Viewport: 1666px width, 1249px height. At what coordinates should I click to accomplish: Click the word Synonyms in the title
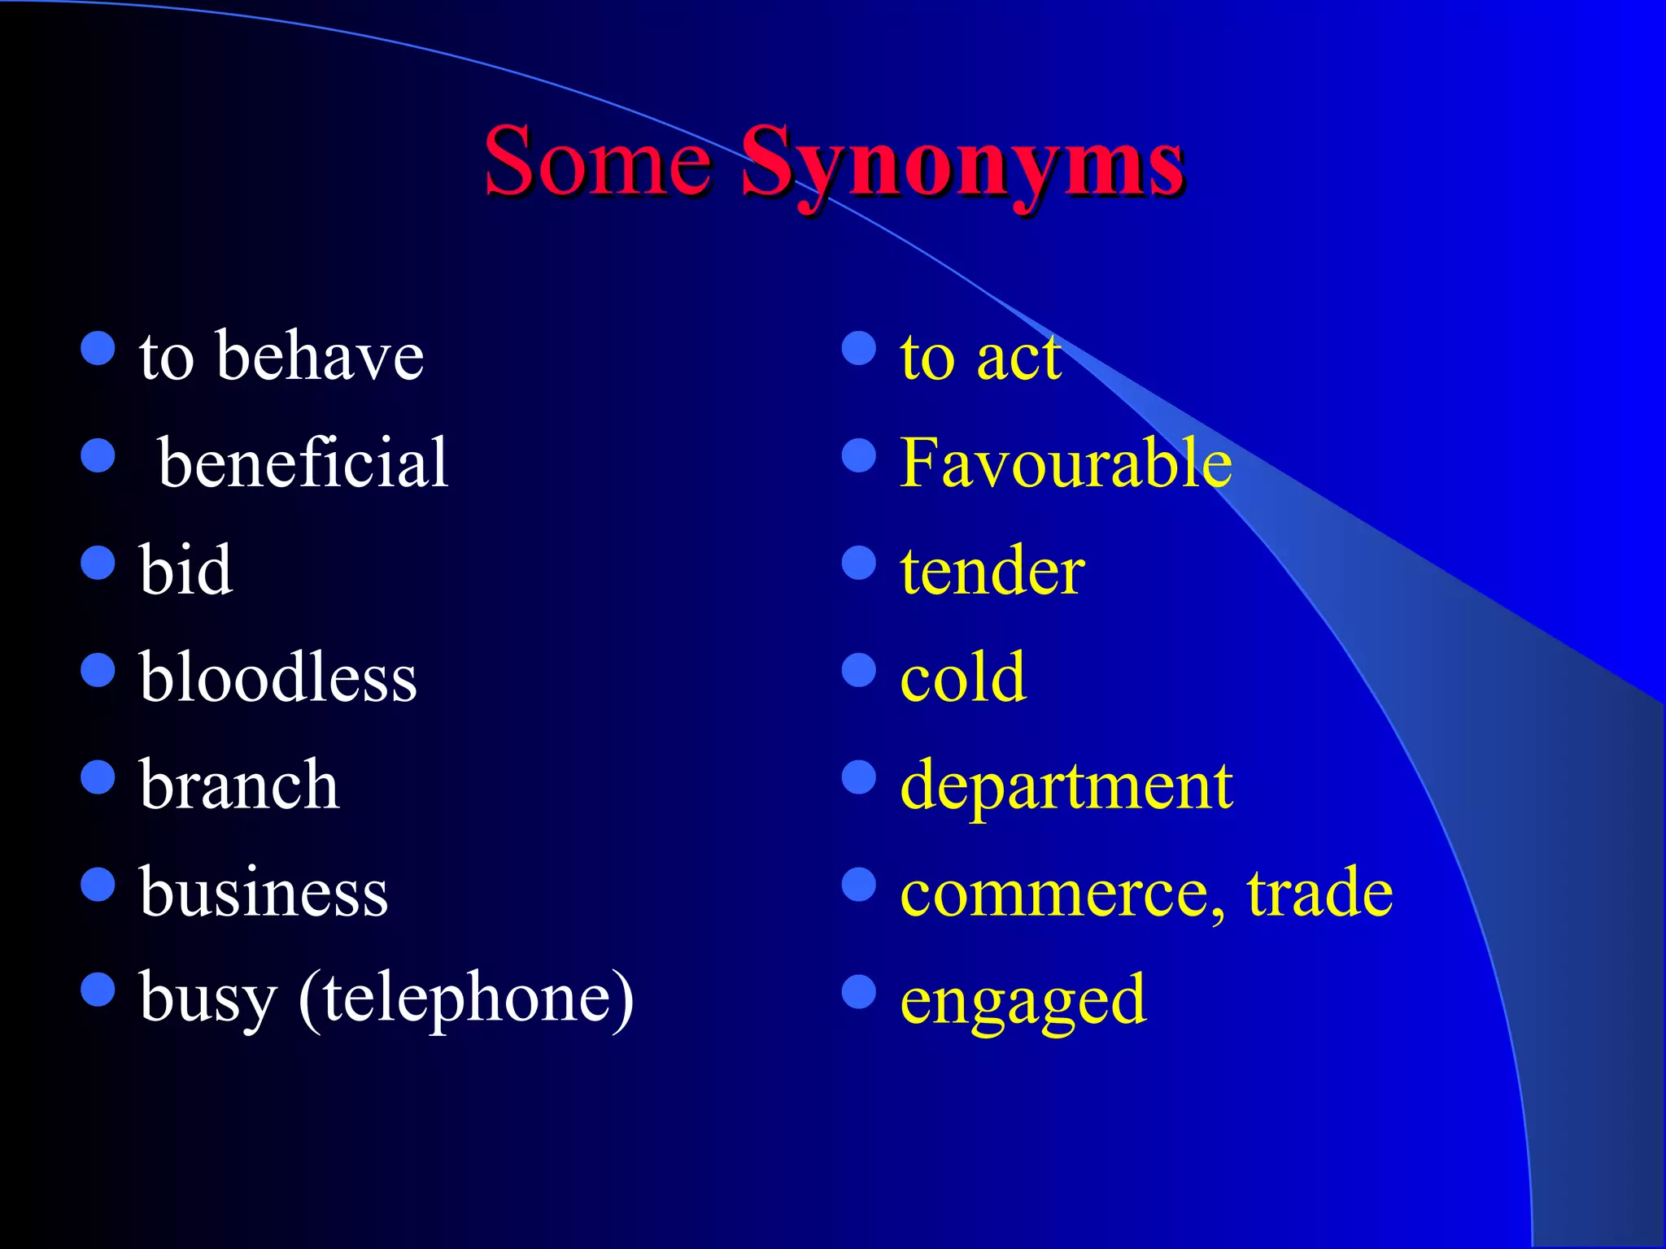click(x=962, y=163)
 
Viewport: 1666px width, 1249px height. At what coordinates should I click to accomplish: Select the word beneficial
click(x=303, y=463)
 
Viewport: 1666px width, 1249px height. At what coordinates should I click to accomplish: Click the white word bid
click(x=185, y=570)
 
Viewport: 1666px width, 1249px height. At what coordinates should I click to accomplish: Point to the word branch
click(x=239, y=785)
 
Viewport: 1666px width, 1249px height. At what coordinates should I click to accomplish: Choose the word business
click(x=264, y=892)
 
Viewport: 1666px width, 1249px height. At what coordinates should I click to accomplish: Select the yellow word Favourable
click(x=1066, y=463)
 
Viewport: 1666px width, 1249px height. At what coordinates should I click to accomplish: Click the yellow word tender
click(x=992, y=570)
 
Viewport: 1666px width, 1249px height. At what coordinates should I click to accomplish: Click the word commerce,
click(x=1062, y=894)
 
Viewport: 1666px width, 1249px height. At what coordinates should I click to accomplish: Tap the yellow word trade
click(x=1319, y=892)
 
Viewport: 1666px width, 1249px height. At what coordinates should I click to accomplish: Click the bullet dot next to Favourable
click(x=859, y=456)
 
